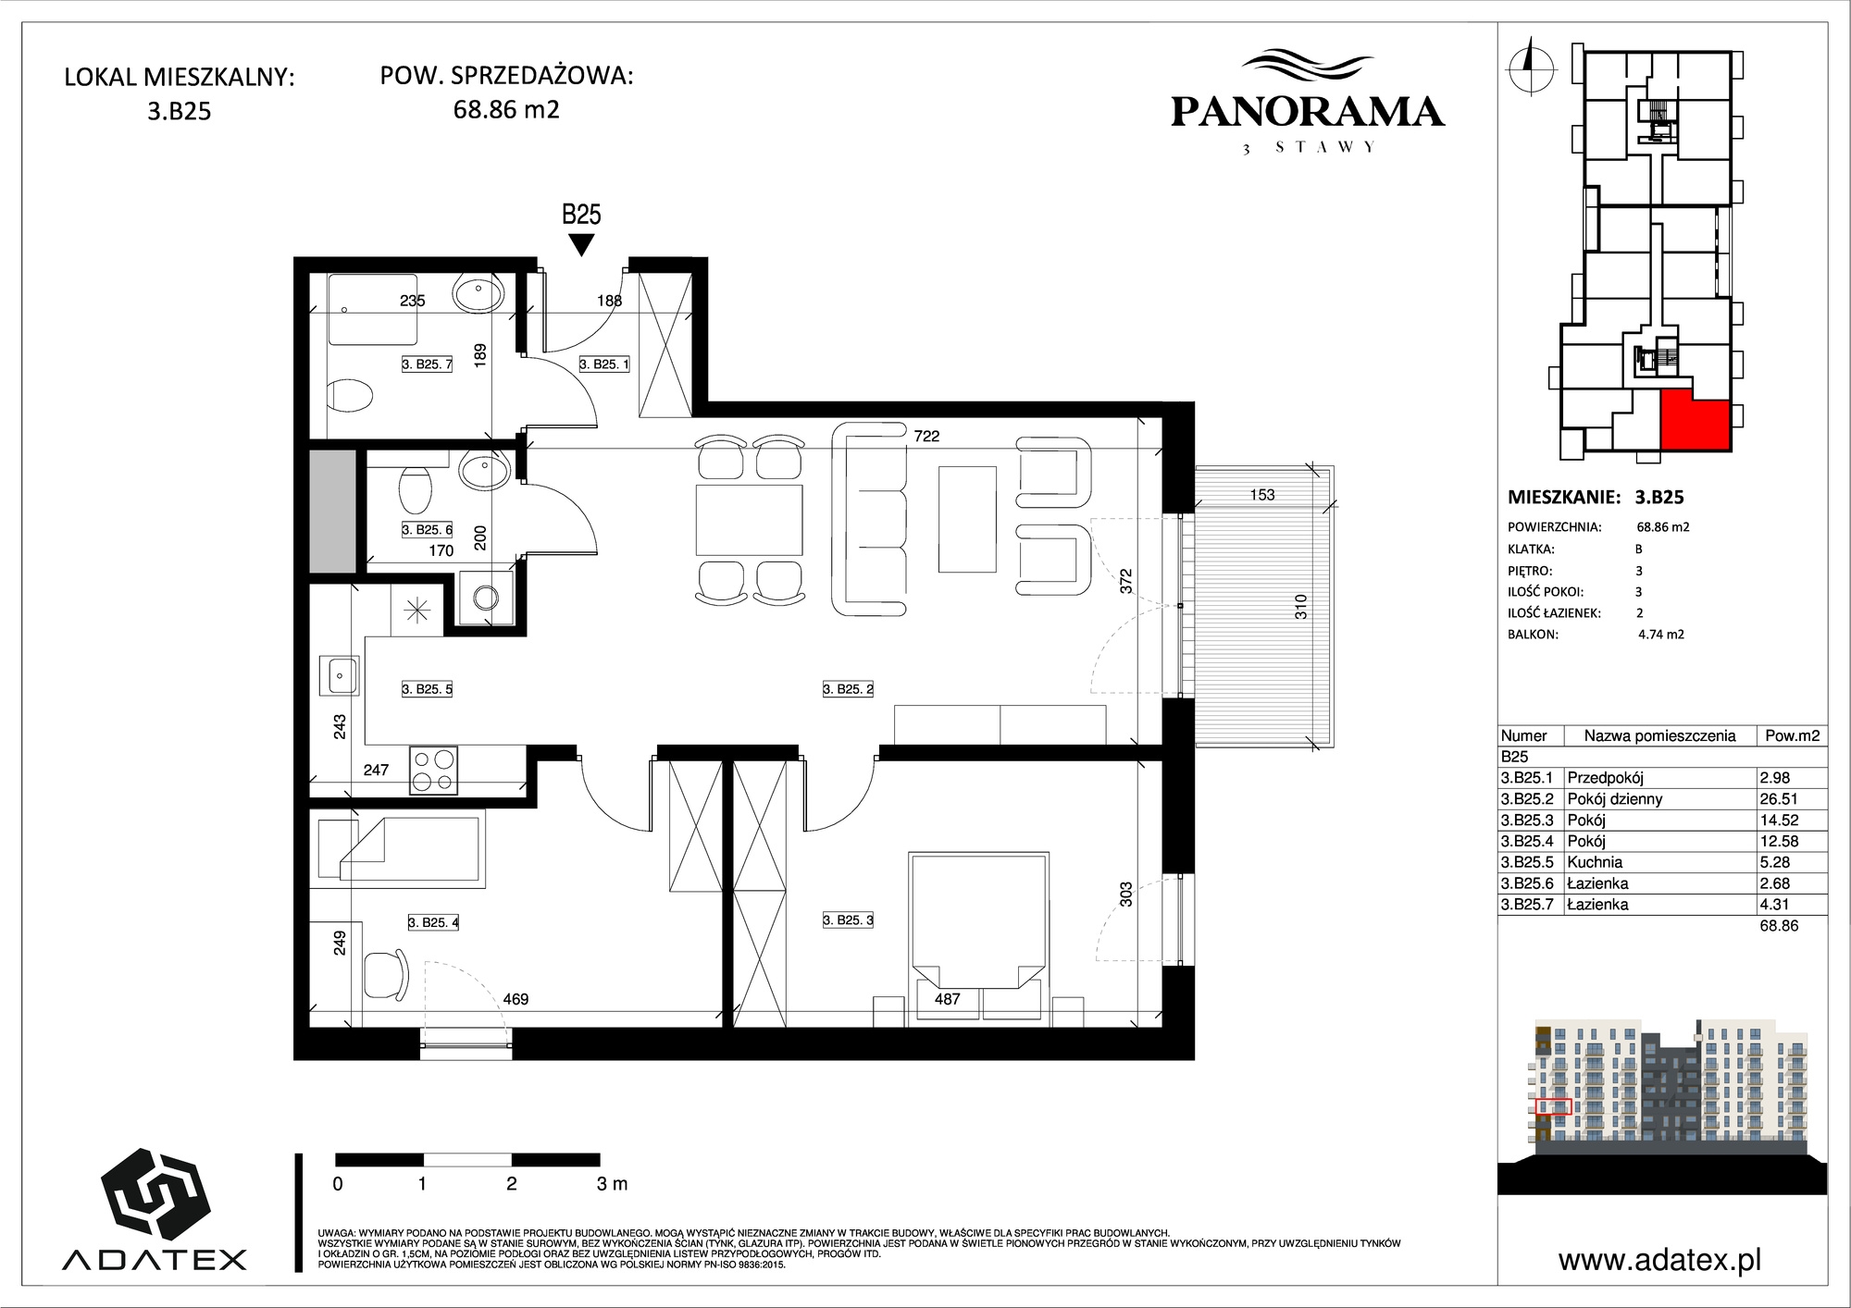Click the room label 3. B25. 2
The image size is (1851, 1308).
[848, 689]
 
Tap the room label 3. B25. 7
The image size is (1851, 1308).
[427, 364]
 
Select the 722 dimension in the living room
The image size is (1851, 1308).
[926, 436]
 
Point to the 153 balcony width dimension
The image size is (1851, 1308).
[1262, 495]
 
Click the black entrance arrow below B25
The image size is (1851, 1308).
[581, 245]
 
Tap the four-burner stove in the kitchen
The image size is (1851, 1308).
[433, 771]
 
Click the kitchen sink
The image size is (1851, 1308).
[339, 674]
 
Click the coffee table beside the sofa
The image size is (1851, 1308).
[967, 519]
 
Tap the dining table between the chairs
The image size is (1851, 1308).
[749, 520]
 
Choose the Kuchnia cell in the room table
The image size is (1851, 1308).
[1595, 862]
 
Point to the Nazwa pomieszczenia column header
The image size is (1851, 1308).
[1659, 736]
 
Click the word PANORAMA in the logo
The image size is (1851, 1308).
[1308, 112]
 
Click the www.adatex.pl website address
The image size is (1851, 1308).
[1659, 1260]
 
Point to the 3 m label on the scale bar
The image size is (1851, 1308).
[612, 1183]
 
